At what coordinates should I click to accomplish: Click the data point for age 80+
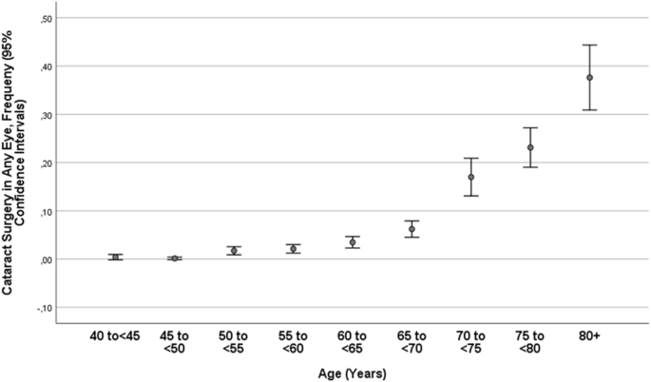point(589,78)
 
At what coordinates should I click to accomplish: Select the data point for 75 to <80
point(530,147)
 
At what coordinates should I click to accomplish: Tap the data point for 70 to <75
point(471,178)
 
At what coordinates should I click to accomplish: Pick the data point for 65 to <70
point(412,230)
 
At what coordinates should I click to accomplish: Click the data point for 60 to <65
point(353,242)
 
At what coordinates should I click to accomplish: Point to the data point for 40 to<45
point(115,257)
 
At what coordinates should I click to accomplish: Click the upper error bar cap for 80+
point(589,45)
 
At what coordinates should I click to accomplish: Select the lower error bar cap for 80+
point(589,110)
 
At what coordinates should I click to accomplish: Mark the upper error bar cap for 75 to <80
point(530,127)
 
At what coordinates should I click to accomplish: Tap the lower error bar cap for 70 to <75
point(471,196)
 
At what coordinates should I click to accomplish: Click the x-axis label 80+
point(589,335)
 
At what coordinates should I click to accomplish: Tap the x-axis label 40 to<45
point(115,335)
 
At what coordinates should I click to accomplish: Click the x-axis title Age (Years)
point(352,372)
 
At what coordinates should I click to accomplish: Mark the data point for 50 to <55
point(234,251)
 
